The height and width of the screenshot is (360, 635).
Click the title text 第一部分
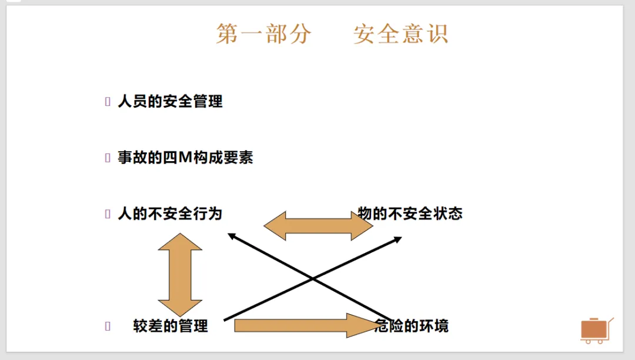point(263,34)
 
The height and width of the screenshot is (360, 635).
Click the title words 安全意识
point(401,34)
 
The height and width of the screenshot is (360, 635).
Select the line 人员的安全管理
point(170,101)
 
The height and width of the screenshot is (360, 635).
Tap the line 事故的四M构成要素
point(185,158)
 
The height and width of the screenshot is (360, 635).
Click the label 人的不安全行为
point(170,214)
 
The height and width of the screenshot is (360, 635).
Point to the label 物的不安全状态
point(410,214)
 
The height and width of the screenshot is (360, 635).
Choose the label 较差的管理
point(171,326)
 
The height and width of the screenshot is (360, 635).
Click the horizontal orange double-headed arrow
point(318,226)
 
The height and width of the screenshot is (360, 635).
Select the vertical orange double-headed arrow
point(180,275)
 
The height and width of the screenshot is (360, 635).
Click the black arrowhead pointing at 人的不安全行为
point(232,236)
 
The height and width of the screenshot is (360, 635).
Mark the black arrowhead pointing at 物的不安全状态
point(397,239)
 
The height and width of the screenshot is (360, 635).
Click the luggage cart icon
point(596,330)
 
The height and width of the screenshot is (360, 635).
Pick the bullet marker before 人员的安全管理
point(108,102)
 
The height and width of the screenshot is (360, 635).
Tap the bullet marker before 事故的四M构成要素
point(108,158)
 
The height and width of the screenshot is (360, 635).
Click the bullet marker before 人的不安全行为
point(108,214)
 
